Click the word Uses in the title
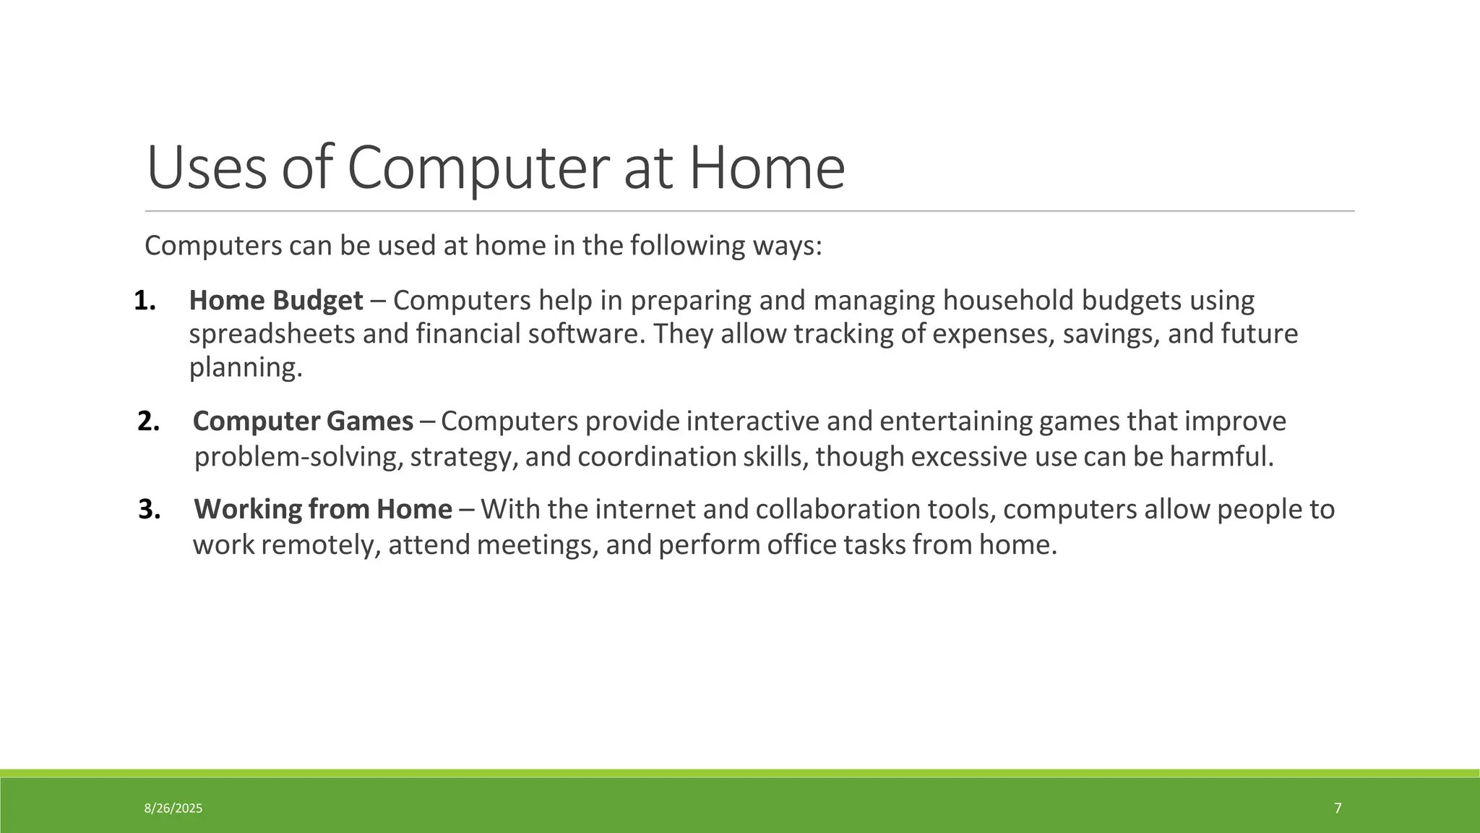click(207, 168)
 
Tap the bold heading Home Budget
click(276, 300)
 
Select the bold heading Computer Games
click(303, 421)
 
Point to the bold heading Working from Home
click(323, 509)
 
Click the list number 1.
click(145, 300)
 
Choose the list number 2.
click(148, 421)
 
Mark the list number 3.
click(149, 509)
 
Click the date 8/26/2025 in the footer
click(173, 808)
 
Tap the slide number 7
click(1338, 808)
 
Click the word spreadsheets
click(272, 334)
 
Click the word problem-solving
click(298, 457)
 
